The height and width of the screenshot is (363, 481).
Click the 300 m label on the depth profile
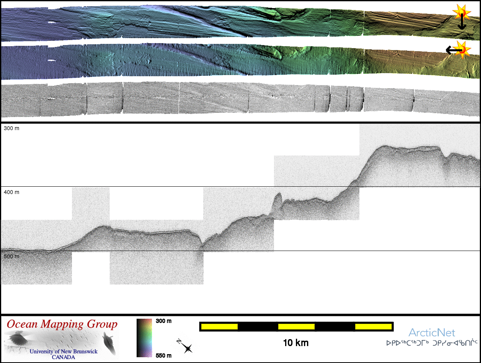coord(12,128)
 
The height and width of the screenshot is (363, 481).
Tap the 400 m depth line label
coord(12,192)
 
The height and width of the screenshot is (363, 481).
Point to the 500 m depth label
coord(12,256)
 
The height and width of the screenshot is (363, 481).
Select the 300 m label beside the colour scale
coord(164,321)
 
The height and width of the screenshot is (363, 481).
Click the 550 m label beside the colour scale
coord(164,356)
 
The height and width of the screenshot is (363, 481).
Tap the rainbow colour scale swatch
coord(144,338)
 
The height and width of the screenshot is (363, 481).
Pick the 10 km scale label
coord(296,343)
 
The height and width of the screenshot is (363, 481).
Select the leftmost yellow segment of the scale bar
coord(219,326)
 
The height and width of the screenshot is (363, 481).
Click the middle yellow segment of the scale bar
coord(296,326)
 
